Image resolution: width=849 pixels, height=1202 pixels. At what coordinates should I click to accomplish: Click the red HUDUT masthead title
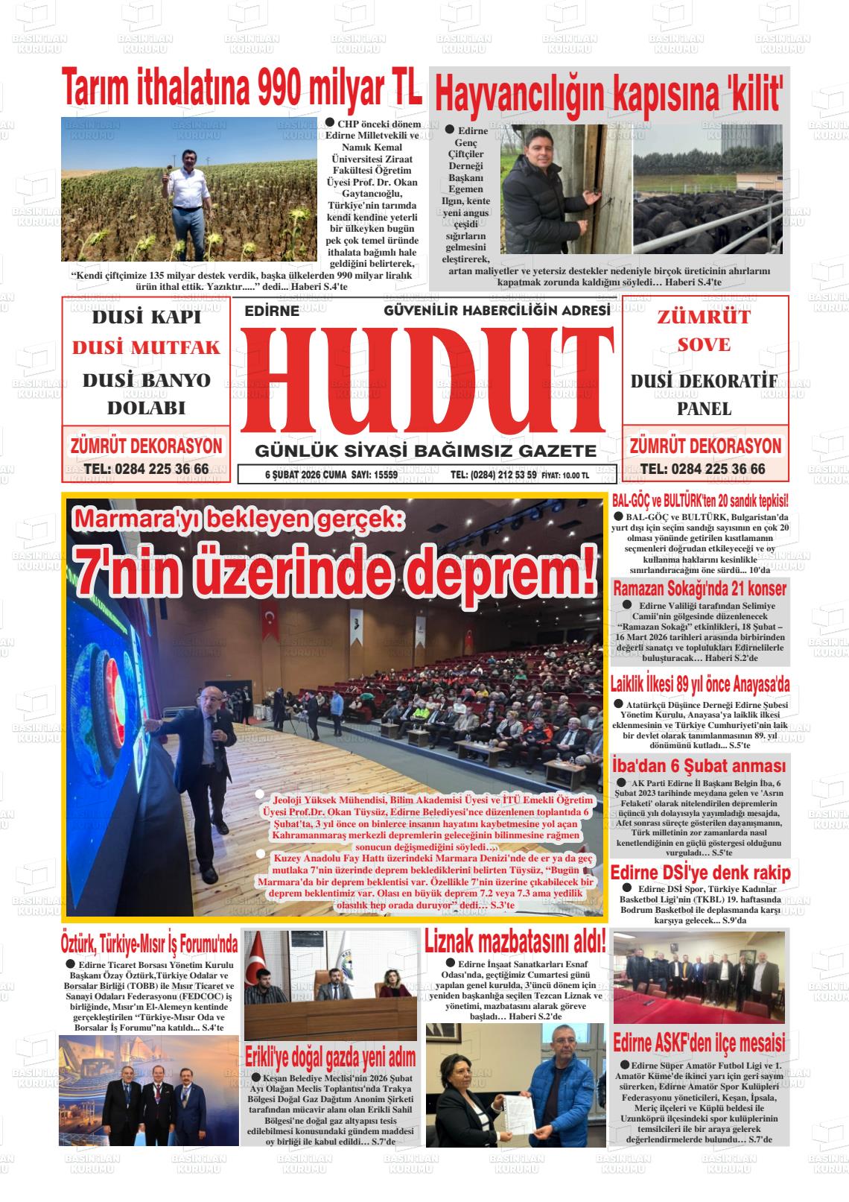click(x=426, y=380)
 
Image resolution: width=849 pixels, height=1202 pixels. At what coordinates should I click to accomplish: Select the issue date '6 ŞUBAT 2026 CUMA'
click(x=306, y=475)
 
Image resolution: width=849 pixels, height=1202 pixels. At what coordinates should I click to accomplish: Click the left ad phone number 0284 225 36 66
click(x=147, y=469)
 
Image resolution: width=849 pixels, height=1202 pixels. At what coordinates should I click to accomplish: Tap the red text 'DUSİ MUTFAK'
click(x=147, y=347)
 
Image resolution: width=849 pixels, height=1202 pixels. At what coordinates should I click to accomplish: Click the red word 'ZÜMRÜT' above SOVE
click(x=704, y=317)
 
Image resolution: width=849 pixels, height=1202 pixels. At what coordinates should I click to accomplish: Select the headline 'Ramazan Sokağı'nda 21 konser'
click(x=699, y=589)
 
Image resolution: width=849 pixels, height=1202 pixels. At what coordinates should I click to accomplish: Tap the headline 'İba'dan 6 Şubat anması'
click(x=699, y=766)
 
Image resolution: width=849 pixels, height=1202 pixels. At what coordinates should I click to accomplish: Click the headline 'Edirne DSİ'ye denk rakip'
click(x=700, y=873)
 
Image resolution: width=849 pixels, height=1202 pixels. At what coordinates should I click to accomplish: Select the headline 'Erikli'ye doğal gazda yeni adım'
click(x=331, y=1057)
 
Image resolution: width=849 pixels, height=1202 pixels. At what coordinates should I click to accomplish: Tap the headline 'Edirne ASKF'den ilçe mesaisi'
click(x=699, y=1042)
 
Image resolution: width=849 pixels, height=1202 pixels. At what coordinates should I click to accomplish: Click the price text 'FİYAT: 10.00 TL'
click(x=565, y=475)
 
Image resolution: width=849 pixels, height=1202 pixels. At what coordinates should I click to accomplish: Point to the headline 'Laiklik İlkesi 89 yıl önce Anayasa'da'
click(x=699, y=683)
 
